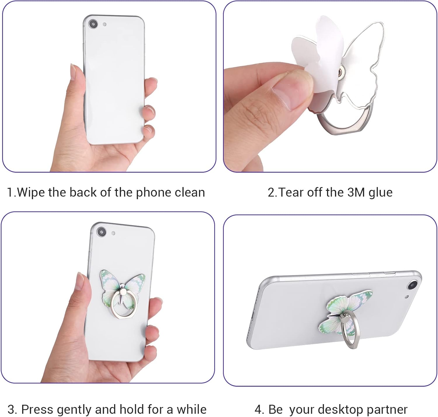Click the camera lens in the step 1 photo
93,24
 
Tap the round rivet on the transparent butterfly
341,72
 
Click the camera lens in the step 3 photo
102,232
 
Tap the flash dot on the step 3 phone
113,233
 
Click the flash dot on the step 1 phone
105,24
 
